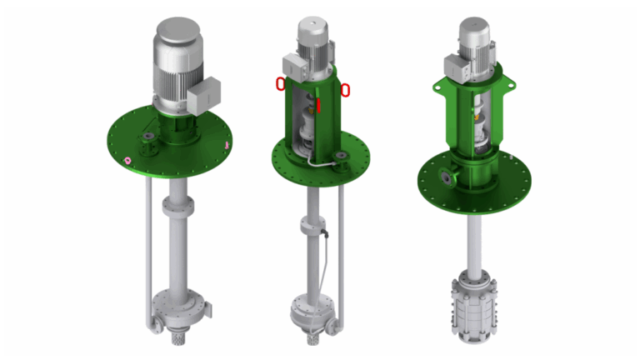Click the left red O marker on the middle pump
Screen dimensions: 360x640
280,83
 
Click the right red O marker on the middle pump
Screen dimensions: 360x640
345,89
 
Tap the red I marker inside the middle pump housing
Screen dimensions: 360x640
317,105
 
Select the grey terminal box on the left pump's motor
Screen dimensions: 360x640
203,95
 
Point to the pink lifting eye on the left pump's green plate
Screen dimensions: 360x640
127,160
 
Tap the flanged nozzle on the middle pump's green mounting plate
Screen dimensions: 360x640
340,158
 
